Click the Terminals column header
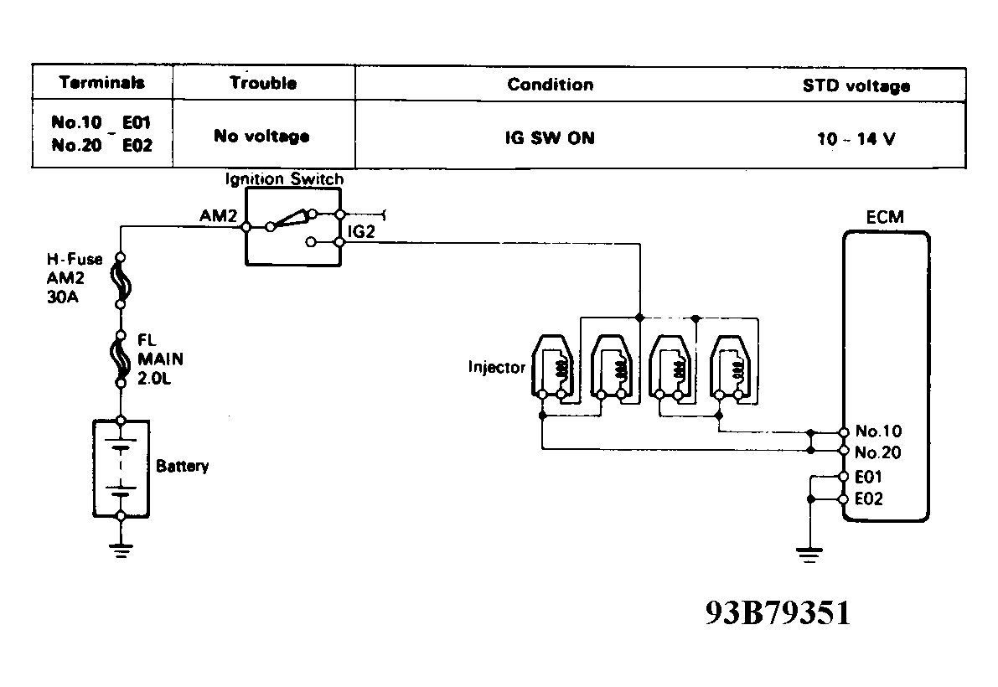[102, 83]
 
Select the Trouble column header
[262, 83]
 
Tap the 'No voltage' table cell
[261, 137]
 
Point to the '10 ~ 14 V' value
[856, 139]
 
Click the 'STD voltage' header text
[856, 85]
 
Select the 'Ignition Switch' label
[283, 179]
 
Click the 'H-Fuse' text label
[75, 260]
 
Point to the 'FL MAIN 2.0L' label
[160, 359]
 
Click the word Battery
[182, 466]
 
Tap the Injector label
[498, 367]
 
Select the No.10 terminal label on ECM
[878, 432]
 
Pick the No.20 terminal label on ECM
[878, 452]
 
